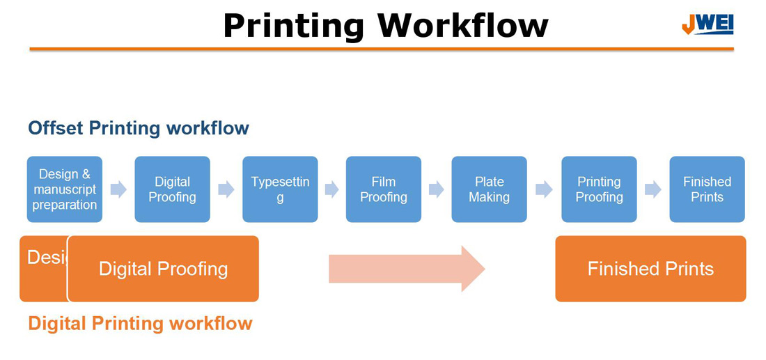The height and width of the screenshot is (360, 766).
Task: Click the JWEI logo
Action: click(707, 24)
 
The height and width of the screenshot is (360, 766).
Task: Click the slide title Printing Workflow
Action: click(385, 25)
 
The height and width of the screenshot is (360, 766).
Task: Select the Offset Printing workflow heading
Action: click(139, 128)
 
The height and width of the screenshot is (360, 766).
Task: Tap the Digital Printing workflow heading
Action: click(140, 323)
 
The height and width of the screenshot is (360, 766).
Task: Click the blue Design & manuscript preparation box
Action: click(65, 189)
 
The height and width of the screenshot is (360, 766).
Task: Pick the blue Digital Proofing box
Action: click(172, 189)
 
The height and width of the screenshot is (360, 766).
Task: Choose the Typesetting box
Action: click(280, 189)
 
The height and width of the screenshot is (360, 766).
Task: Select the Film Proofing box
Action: click(384, 189)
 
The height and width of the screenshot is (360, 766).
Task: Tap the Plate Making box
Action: click(489, 189)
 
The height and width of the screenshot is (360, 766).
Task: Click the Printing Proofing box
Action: click(599, 189)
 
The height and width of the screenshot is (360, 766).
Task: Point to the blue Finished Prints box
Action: click(707, 189)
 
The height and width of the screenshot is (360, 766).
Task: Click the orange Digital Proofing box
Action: click(163, 269)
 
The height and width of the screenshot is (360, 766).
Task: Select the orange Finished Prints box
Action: click(650, 269)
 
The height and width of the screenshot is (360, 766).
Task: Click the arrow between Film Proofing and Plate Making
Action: click(437, 189)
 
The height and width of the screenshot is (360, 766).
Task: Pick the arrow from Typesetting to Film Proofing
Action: click(331, 189)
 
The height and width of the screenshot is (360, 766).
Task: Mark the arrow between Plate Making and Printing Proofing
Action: click(544, 189)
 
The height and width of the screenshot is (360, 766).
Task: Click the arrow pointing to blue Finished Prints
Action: click(653, 189)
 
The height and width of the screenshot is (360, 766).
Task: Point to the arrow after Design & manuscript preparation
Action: click(118, 189)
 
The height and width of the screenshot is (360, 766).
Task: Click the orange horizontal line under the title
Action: click(381, 49)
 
